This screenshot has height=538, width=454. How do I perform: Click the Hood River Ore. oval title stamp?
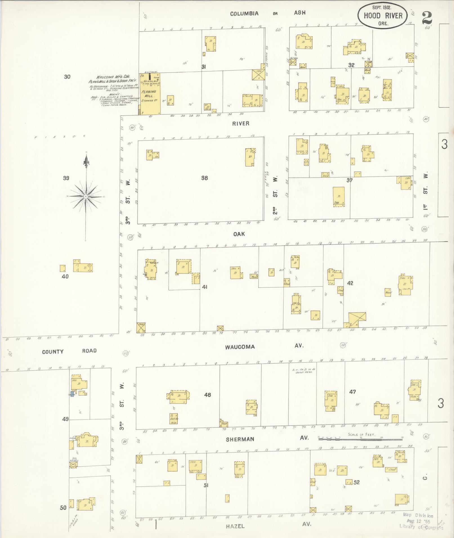383,16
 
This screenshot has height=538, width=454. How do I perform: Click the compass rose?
86,196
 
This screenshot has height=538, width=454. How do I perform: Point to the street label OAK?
239,234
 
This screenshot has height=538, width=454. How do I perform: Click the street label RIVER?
241,123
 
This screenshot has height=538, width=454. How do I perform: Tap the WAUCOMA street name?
240,347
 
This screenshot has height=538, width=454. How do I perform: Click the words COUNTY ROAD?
69,351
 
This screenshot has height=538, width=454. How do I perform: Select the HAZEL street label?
235,526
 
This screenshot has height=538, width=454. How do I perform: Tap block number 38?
204,178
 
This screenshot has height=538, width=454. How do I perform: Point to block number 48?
207,395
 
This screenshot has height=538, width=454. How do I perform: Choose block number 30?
67,77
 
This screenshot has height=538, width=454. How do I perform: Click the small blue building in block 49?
72,394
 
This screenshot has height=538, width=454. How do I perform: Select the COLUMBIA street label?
244,13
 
